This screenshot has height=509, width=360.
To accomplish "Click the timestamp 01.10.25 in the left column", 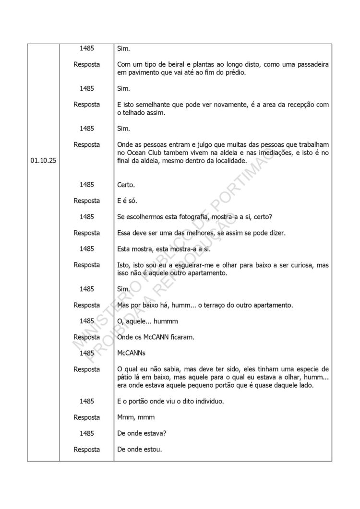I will click(43, 161).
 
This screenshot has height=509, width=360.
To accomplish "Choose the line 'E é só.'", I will click(127, 201).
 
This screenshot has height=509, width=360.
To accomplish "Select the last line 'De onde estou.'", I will click(140, 450).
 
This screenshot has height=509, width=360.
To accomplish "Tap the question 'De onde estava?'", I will click(142, 433).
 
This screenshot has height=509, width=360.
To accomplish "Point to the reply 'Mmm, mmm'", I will click(136, 417).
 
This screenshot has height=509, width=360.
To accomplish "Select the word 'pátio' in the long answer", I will click(126, 377).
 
